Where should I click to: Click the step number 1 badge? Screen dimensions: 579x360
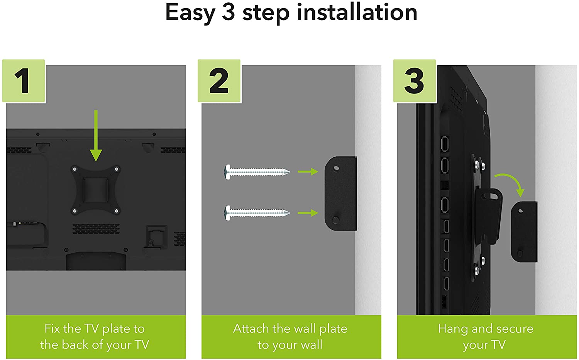24,81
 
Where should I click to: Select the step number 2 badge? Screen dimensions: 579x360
219,81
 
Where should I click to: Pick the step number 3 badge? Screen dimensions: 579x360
414,81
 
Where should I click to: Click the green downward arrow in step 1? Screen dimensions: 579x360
96,136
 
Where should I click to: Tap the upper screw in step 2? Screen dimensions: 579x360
257,172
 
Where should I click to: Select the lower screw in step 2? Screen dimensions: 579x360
257,213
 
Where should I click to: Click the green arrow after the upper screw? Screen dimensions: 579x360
308,172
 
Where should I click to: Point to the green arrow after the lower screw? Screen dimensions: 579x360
308,213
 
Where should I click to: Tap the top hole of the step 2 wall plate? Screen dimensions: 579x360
336,168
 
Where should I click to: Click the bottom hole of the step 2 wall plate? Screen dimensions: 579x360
336,220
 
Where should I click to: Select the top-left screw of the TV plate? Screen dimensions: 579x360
75,170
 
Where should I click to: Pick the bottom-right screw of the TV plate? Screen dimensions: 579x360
117,211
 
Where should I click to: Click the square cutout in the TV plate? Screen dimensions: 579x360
96,190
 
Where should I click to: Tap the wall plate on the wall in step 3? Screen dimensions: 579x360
524,232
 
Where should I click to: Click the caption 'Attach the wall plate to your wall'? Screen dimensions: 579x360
290,337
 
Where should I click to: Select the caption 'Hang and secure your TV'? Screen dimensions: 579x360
486,337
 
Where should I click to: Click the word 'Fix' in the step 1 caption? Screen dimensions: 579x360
52,329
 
